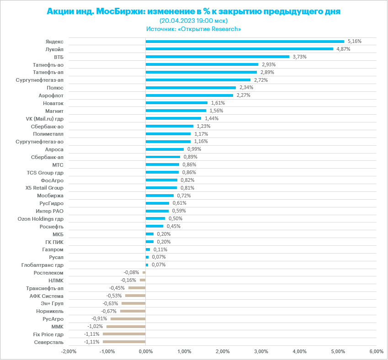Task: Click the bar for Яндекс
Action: [x=244, y=41]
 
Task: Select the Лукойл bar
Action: [x=239, y=49]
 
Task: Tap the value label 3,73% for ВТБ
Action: [x=299, y=57]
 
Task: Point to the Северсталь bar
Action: [x=124, y=342]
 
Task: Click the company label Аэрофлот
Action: [x=51, y=95]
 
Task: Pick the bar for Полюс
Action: [x=191, y=87]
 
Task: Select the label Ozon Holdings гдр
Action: [x=40, y=218]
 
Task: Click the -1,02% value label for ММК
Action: [x=95, y=326]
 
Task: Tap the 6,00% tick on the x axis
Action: [x=376, y=351]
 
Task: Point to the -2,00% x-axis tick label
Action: [x=69, y=351]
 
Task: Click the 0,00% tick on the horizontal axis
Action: [x=145, y=351]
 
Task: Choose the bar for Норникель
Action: [x=133, y=311]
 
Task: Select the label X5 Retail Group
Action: [x=44, y=188]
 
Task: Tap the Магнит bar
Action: [x=175, y=111]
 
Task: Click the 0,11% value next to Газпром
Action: [x=160, y=249]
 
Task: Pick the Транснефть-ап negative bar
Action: [x=137, y=288]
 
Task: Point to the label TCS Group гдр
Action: [x=45, y=172]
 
